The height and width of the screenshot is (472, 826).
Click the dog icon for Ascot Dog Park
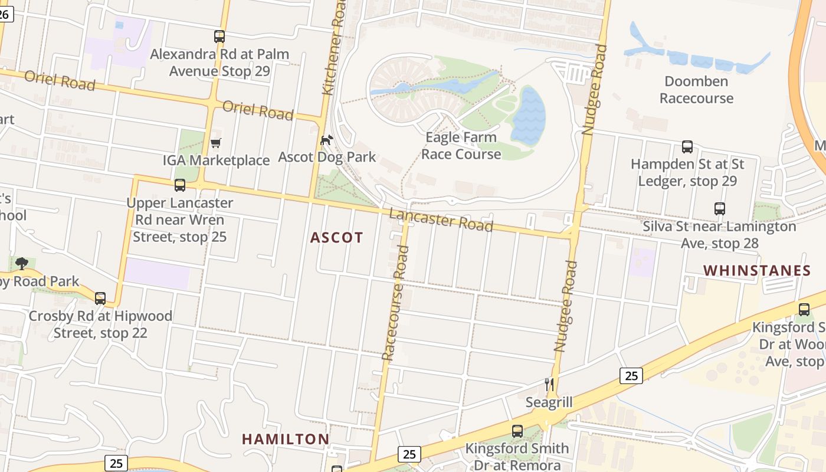pos(326,140)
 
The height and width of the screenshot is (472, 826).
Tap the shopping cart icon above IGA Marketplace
pos(216,143)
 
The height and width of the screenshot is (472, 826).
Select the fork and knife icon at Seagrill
pos(549,385)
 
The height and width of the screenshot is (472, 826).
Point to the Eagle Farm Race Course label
pos(461,146)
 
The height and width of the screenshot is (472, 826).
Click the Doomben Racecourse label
pos(696,90)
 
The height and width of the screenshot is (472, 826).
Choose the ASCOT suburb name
pos(337,238)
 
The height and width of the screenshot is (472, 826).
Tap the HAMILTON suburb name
pos(286,439)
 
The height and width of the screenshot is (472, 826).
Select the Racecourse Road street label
pos(395,303)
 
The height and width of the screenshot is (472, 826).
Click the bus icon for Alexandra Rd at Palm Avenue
pos(219,37)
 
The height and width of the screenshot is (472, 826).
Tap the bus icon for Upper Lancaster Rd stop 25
pos(180,185)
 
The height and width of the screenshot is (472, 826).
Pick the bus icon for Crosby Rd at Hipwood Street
pos(100,299)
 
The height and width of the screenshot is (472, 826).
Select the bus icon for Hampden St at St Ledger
pos(687,147)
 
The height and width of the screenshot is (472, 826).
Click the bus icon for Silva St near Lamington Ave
pos(719,209)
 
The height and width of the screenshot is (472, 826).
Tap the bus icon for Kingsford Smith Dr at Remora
pos(517,431)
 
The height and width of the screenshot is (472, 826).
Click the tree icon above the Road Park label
pos(22,263)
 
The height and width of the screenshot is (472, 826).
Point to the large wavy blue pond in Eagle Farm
pos(528,115)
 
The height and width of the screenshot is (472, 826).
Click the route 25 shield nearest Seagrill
pos(631,375)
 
